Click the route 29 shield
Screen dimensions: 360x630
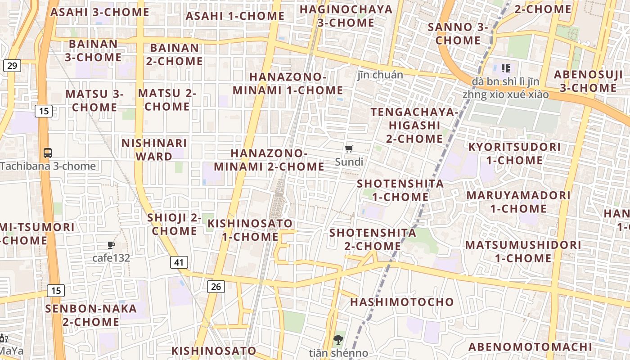[x=12, y=66]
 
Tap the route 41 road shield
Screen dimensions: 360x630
[x=179, y=262]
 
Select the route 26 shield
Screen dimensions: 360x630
[x=216, y=286]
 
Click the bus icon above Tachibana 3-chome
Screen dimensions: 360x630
[x=47, y=153]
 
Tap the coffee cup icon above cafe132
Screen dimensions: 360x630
[x=111, y=245]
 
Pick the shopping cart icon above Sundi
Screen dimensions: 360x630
[x=349, y=148]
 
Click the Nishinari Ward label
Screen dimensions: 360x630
[x=154, y=150]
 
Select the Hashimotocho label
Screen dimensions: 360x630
[x=402, y=302]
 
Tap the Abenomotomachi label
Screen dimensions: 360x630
[x=531, y=347]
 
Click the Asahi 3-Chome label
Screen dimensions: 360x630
[x=100, y=12]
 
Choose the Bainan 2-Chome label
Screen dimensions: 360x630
[x=175, y=54]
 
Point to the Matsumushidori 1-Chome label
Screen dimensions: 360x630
[x=523, y=252]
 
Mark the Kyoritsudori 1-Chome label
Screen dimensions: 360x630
[x=514, y=153]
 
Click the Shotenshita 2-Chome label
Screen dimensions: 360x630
[x=373, y=239]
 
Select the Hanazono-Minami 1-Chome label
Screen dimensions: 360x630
[x=288, y=83]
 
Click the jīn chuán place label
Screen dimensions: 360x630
[x=380, y=75]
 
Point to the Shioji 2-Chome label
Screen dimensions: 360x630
[x=174, y=224]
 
